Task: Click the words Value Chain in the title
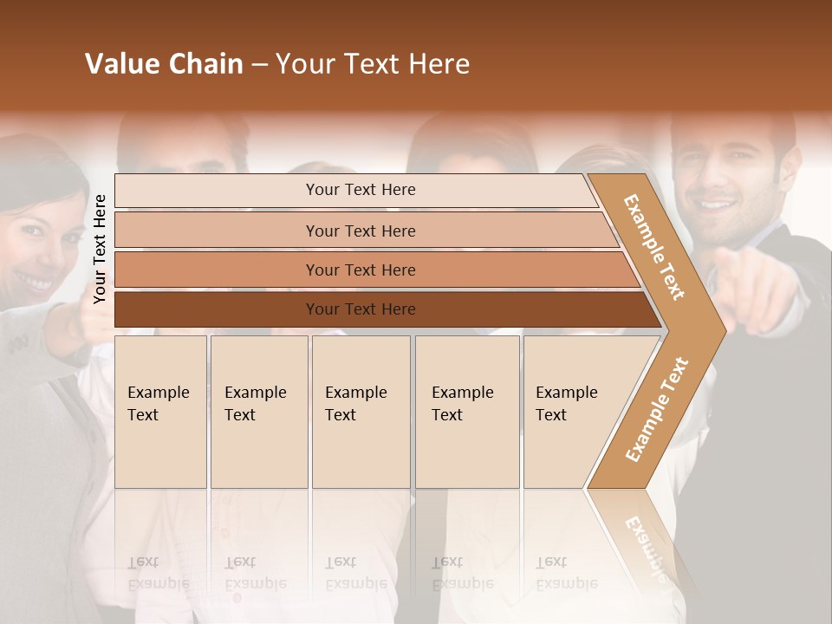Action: [164, 64]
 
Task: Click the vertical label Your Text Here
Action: [100, 249]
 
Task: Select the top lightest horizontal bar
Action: [355, 190]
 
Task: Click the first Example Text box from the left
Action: [160, 412]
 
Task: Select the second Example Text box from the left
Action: [258, 412]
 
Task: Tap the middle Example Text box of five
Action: [361, 412]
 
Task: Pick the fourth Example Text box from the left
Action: [466, 412]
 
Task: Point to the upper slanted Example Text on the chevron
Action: [654, 247]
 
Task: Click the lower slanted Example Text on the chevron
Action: [657, 410]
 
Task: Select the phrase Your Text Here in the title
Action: [373, 64]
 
